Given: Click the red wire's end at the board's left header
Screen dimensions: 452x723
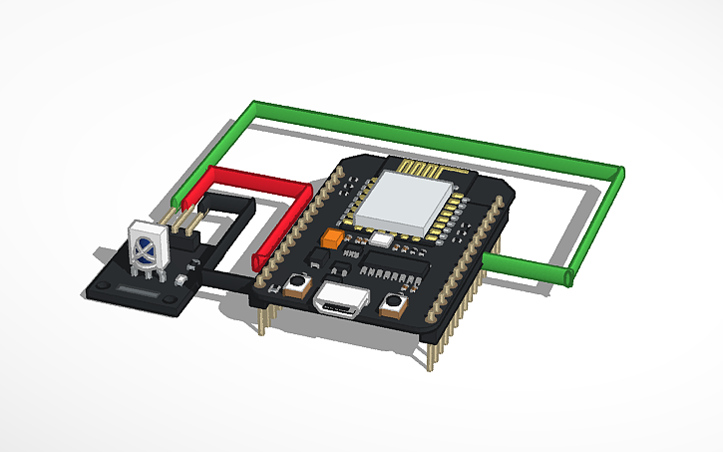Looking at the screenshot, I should click(x=262, y=261).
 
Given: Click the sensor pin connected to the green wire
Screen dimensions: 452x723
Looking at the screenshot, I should click(x=177, y=212).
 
